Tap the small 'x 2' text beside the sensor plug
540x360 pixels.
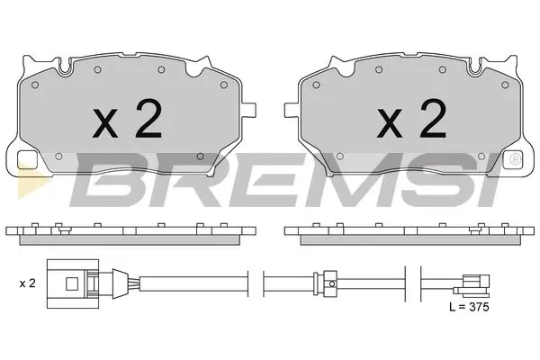click(x=26, y=283)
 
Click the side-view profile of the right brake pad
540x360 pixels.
click(x=409, y=231)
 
